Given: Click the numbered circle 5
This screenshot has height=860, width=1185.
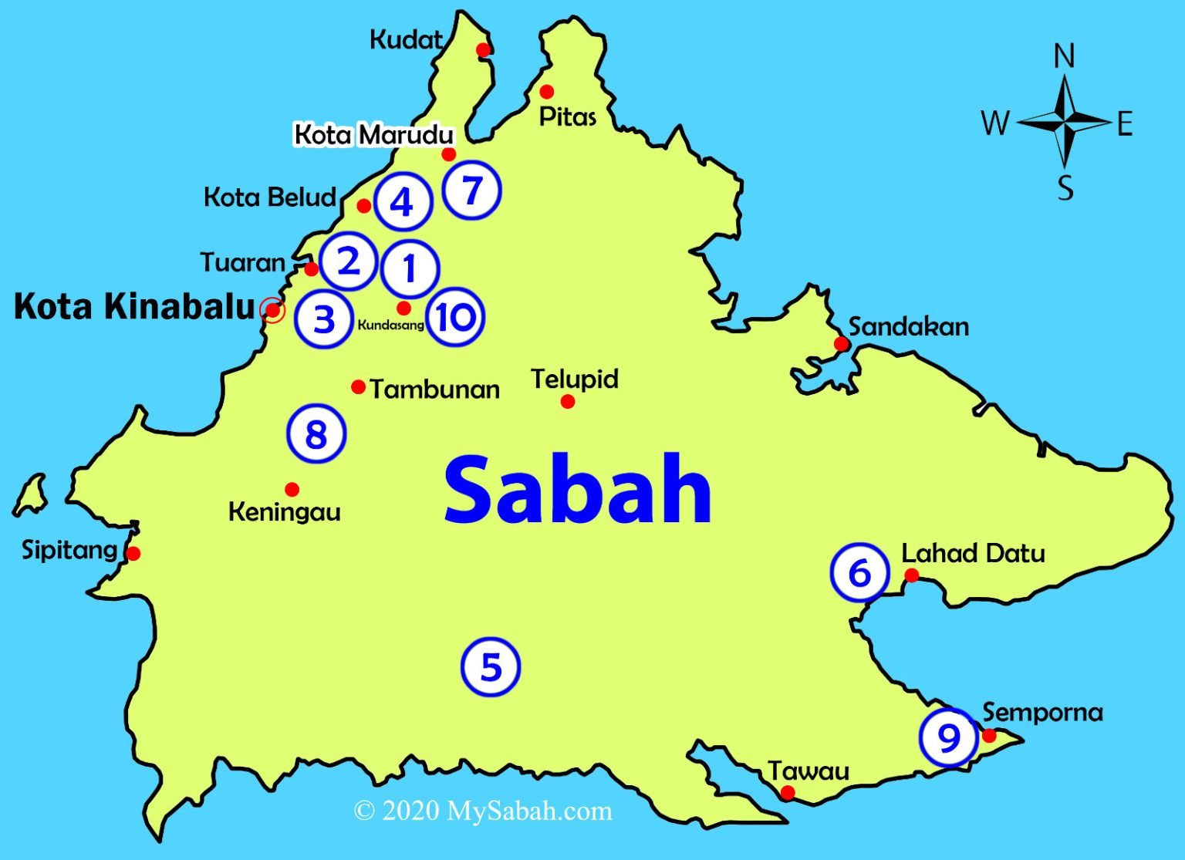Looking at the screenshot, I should (x=491, y=667).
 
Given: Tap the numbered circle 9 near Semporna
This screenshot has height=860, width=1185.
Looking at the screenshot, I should (x=949, y=737).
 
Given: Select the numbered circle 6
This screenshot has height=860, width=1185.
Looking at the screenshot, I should (x=859, y=573).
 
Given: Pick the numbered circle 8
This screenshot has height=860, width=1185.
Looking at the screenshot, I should (x=316, y=433).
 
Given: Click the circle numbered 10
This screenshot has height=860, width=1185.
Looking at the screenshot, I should (x=455, y=317).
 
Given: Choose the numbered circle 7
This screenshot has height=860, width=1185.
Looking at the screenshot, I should (x=472, y=190).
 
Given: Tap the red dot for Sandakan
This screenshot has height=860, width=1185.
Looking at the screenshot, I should (x=841, y=343).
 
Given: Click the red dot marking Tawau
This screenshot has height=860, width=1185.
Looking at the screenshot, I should (x=788, y=792).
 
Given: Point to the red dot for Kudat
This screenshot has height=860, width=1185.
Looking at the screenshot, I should (x=483, y=50).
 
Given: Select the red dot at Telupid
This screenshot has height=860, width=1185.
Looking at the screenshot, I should (x=568, y=401).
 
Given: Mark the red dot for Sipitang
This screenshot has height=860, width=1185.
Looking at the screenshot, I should (x=133, y=553).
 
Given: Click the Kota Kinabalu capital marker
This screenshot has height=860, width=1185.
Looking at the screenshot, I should (x=272, y=310).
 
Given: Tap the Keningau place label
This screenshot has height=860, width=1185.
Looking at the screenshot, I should (x=285, y=511).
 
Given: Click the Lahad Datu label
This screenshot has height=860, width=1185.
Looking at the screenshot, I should (x=973, y=553).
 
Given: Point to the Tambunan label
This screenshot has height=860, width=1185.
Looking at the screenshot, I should (x=434, y=389).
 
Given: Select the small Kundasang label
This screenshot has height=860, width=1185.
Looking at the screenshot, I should (x=390, y=325).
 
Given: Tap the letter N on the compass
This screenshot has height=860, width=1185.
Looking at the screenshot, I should (x=1064, y=56).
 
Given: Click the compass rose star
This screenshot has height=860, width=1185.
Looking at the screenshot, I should (x=1065, y=122).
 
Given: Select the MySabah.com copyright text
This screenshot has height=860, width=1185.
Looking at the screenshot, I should (x=483, y=811).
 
